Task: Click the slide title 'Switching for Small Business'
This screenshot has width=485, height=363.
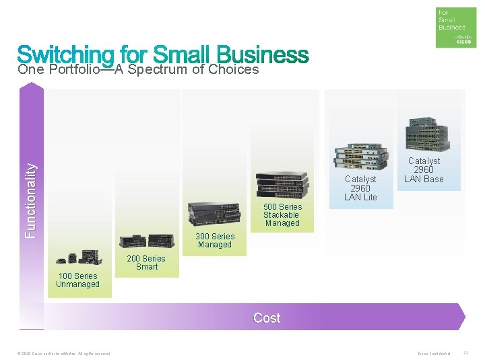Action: [x=163, y=54]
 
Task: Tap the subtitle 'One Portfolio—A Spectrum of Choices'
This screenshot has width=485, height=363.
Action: [x=138, y=69]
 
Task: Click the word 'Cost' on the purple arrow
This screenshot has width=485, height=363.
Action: [x=267, y=318]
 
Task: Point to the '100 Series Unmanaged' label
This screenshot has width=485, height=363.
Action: [x=78, y=280]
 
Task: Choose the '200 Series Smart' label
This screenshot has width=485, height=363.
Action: [x=146, y=263]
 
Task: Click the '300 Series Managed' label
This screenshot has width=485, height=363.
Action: [x=215, y=241]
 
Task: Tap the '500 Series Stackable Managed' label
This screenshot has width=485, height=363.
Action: [x=282, y=215]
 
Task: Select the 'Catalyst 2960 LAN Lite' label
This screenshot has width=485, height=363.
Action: [x=360, y=188]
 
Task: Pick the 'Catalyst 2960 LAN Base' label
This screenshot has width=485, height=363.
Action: [x=424, y=170]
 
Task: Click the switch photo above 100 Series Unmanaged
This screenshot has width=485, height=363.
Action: [x=78, y=257]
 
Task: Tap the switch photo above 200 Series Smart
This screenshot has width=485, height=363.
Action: [x=147, y=241]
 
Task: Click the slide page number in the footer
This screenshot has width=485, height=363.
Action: [x=466, y=354]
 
